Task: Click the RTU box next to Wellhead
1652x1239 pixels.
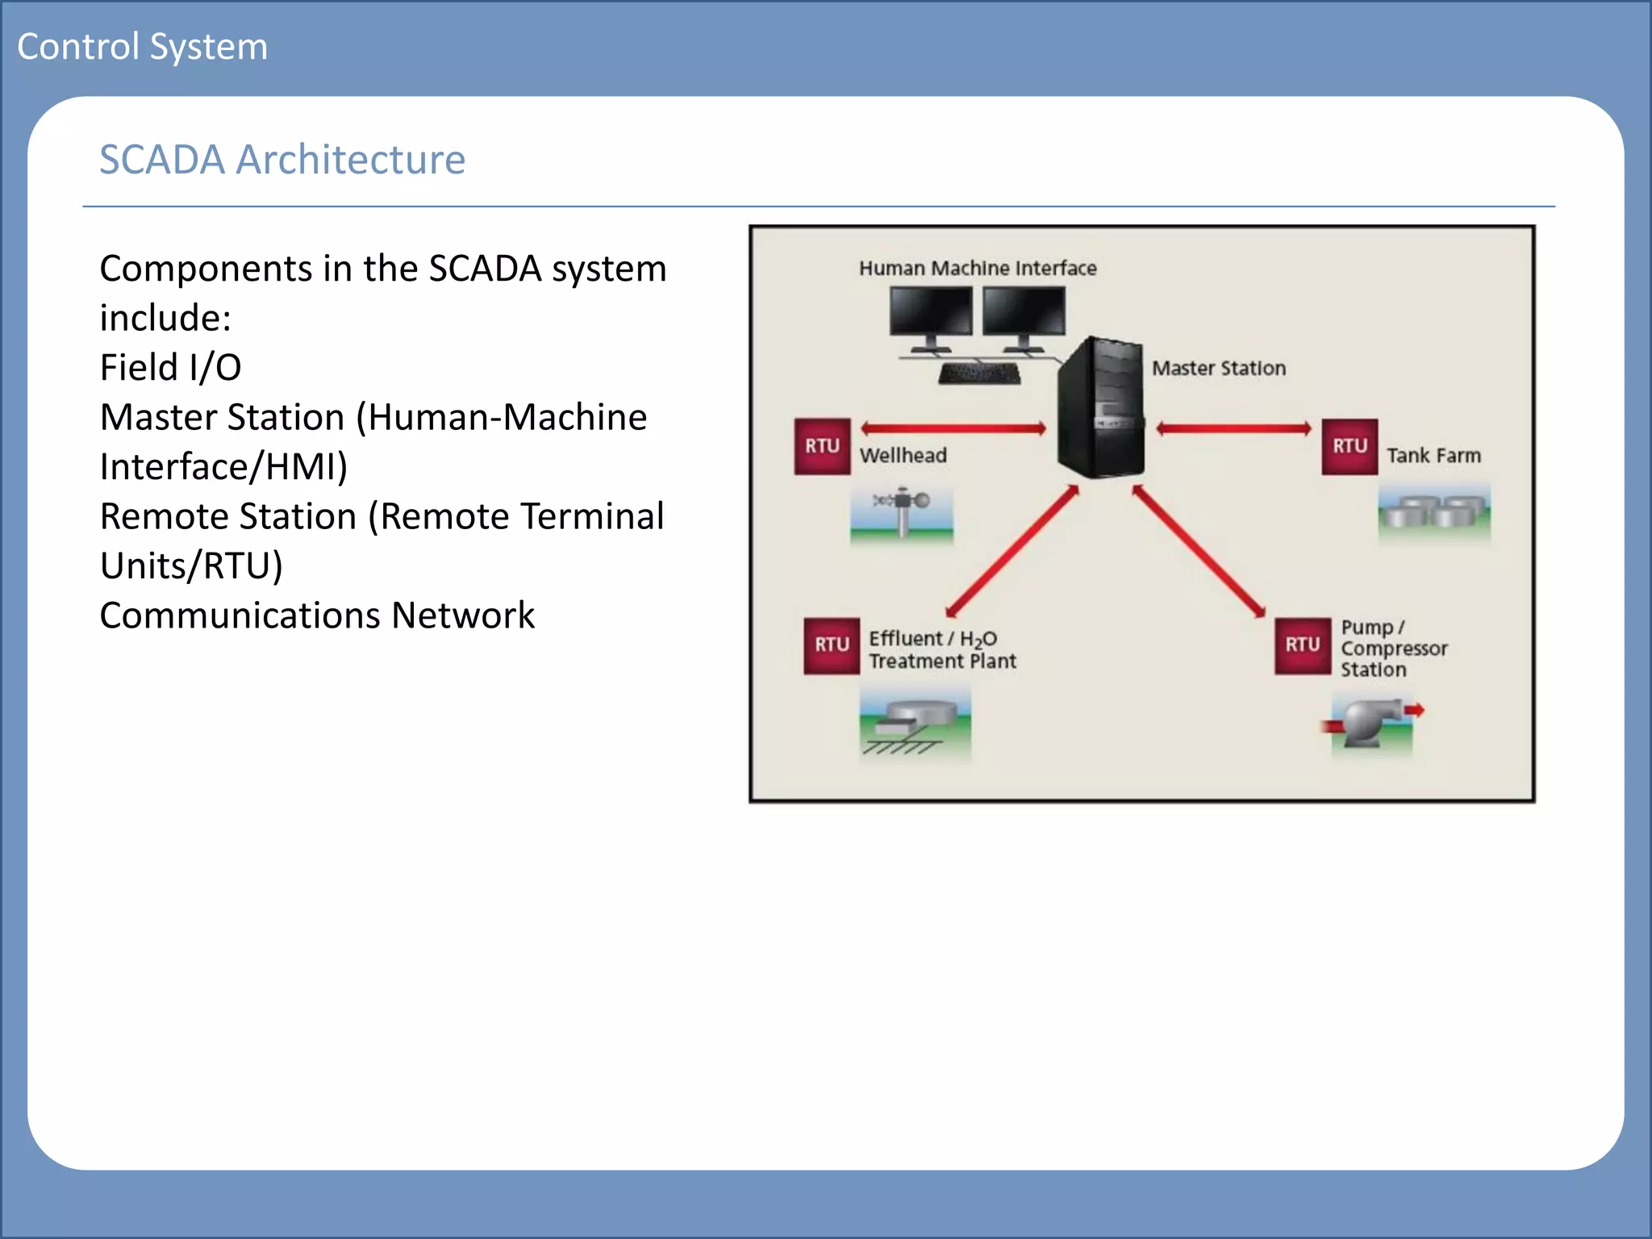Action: click(821, 446)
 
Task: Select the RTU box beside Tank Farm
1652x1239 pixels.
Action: click(1349, 446)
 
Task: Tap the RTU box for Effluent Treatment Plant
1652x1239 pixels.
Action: click(831, 645)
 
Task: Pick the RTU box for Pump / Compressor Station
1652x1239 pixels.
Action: click(1302, 645)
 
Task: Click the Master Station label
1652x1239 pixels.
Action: click(1218, 369)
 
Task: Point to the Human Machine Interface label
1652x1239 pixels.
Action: click(977, 269)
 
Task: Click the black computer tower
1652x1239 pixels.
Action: click(1100, 407)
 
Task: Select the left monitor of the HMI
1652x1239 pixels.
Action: click(931, 312)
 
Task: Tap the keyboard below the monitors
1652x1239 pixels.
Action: click(979, 374)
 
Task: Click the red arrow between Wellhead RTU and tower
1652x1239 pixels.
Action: click(953, 428)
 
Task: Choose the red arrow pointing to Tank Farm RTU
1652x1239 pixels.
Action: click(1233, 428)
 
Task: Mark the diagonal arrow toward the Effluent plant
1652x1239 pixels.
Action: click(1012, 552)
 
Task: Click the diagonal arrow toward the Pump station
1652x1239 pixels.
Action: click(1199, 552)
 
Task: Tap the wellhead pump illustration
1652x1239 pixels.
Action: click(902, 514)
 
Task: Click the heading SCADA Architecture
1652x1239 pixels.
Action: click(282, 160)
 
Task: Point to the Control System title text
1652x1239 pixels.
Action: click(142, 47)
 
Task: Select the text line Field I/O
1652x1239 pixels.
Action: click(170, 368)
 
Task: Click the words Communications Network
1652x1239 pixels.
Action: click(316, 615)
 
